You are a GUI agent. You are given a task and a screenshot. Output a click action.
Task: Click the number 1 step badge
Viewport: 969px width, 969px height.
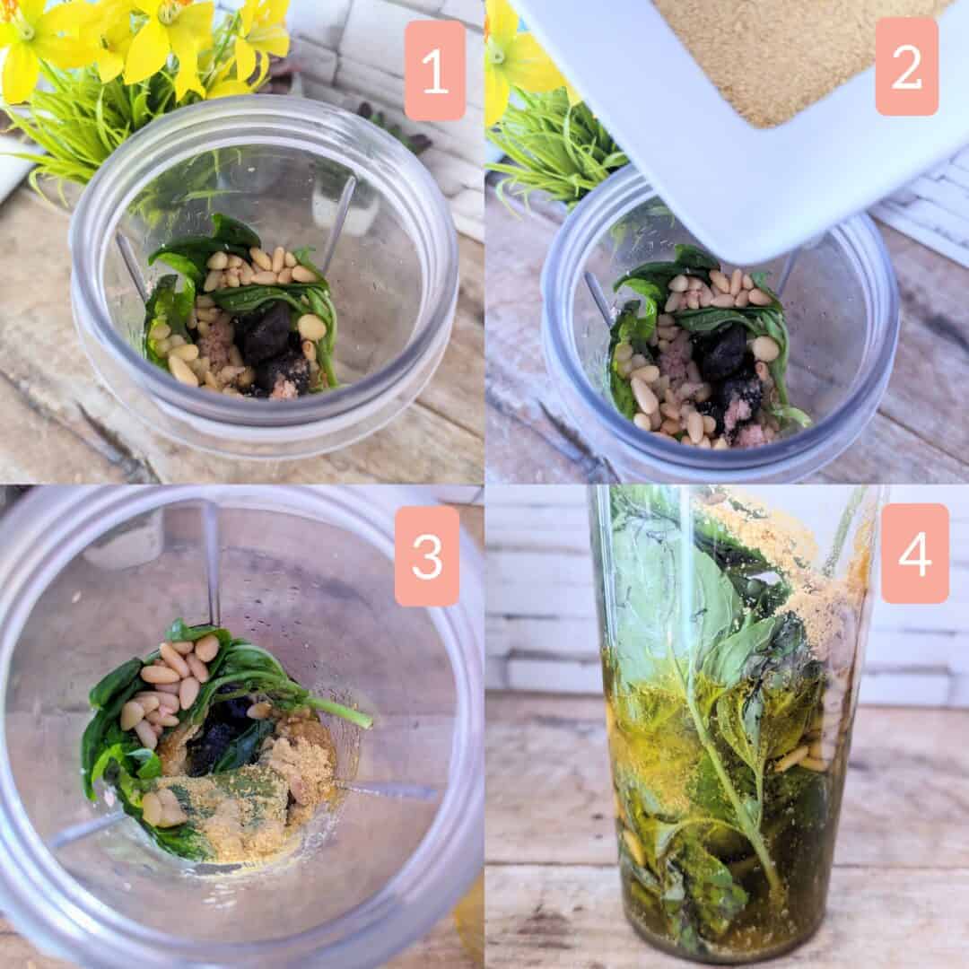(x=435, y=71)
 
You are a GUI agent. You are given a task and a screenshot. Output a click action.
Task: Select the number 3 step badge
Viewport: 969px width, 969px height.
(x=427, y=555)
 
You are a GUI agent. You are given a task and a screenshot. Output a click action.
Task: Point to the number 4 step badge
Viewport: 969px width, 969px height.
(x=914, y=553)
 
